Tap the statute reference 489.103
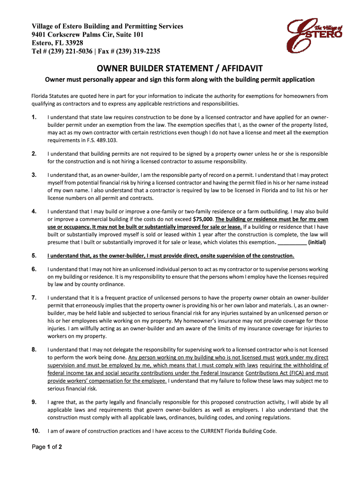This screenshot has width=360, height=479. coord(107,140)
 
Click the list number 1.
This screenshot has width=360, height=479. coord(34,117)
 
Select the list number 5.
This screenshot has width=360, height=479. coord(34,255)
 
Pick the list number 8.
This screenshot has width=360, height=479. coord(34,349)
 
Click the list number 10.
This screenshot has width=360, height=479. coord(36,430)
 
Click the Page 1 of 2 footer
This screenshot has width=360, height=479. coord(47,447)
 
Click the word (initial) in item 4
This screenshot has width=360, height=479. coord(317,242)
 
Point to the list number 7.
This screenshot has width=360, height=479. coord(34,298)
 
